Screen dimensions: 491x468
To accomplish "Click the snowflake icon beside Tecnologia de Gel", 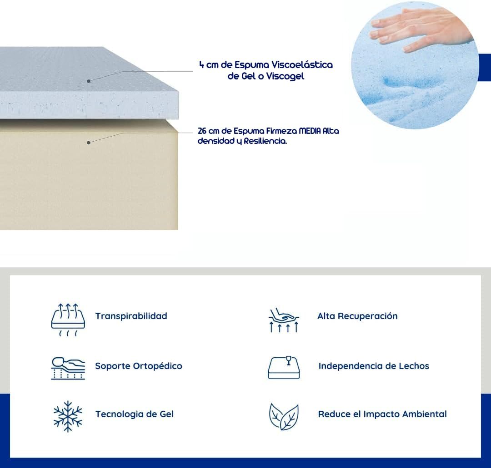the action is [68, 416].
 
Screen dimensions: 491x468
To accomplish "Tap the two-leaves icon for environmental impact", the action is [284, 417].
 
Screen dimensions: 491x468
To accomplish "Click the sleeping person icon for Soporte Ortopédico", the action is [68, 368].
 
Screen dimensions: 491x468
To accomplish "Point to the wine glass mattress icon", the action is [284, 367].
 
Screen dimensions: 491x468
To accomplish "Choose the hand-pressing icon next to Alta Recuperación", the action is [284, 320].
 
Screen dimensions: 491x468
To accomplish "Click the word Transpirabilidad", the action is [131, 316].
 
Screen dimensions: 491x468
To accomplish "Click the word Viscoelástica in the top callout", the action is [302, 65].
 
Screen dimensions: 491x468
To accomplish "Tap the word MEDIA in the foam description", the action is [310, 131].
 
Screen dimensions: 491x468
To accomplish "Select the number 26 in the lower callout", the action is [202, 131].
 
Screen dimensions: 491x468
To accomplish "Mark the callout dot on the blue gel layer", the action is [89, 81].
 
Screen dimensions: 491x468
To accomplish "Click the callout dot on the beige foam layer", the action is [89, 143].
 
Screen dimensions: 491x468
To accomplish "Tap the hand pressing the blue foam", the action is [420, 30].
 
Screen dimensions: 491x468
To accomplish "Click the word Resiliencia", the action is [265, 141].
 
